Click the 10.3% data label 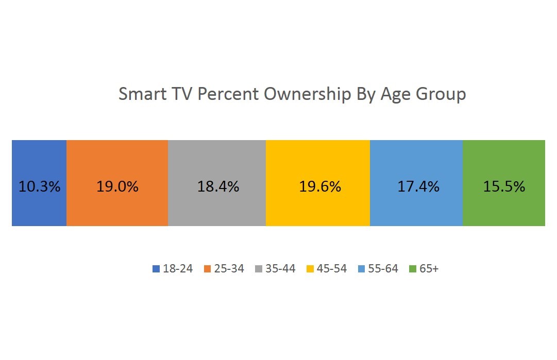pyautogui.click(x=39, y=186)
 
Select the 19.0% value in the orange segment pyautogui.click(x=117, y=186)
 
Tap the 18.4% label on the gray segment pyautogui.click(x=218, y=186)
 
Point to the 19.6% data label pyautogui.click(x=320, y=186)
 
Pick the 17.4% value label pyautogui.click(x=418, y=186)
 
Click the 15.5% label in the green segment pyautogui.click(x=504, y=186)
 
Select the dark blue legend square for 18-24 pyautogui.click(x=156, y=269)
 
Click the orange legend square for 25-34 pyautogui.click(x=208, y=269)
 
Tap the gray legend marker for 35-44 pyautogui.click(x=259, y=269)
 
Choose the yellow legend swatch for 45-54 pyautogui.click(x=310, y=269)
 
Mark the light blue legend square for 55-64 pyautogui.click(x=362, y=269)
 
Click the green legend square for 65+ pyautogui.click(x=413, y=269)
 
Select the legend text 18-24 pyautogui.click(x=178, y=269)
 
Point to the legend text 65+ pyautogui.click(x=429, y=269)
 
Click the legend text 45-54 pyautogui.click(x=332, y=269)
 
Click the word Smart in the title pyautogui.click(x=139, y=95)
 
